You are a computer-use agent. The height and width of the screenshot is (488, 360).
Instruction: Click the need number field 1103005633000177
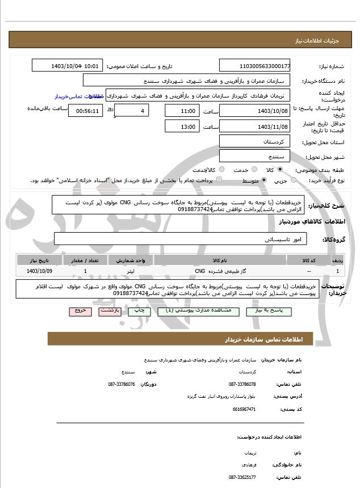(x=254, y=66)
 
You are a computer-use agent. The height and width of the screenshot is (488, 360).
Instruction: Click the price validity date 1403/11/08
(x=254, y=127)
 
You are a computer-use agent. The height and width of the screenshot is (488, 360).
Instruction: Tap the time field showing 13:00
(x=182, y=127)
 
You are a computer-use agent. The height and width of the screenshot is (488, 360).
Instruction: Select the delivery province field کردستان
(x=254, y=141)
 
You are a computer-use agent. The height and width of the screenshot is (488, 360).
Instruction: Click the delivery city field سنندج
(x=254, y=155)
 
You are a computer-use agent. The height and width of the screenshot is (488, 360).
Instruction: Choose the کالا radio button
(x=280, y=170)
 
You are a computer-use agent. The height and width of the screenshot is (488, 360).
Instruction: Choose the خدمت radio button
(x=253, y=170)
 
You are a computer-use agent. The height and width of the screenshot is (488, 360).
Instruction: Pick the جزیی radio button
(x=293, y=180)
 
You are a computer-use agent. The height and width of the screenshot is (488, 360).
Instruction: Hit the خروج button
(x=79, y=312)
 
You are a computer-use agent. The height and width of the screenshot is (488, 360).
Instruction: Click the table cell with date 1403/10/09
(x=39, y=271)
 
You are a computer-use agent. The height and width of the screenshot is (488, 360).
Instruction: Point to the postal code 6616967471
(x=244, y=409)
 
